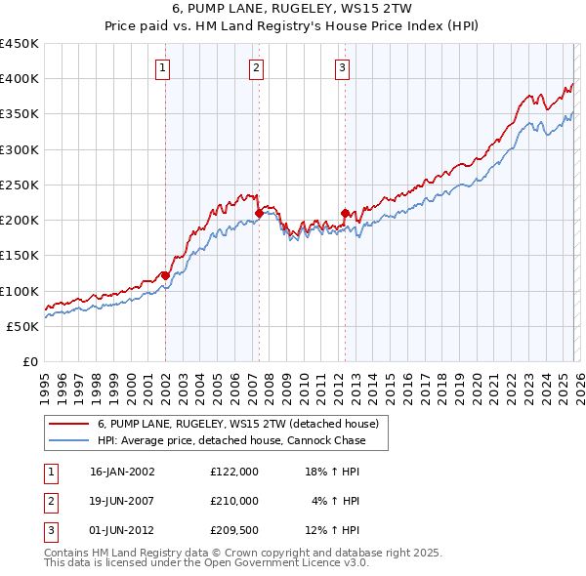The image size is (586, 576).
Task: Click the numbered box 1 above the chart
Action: (x=162, y=67)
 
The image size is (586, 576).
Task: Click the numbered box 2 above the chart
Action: (x=256, y=67)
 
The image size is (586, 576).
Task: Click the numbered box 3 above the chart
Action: (x=343, y=67)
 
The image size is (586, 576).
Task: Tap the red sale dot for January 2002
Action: (x=165, y=275)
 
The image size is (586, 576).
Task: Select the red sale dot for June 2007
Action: (x=259, y=213)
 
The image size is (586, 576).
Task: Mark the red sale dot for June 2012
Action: (x=345, y=213)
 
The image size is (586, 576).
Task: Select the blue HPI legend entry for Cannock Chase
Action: (x=230, y=440)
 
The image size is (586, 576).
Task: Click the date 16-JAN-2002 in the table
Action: (x=122, y=471)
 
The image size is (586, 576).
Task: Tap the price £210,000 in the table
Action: (x=233, y=501)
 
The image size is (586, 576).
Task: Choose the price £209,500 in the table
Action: (x=233, y=530)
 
